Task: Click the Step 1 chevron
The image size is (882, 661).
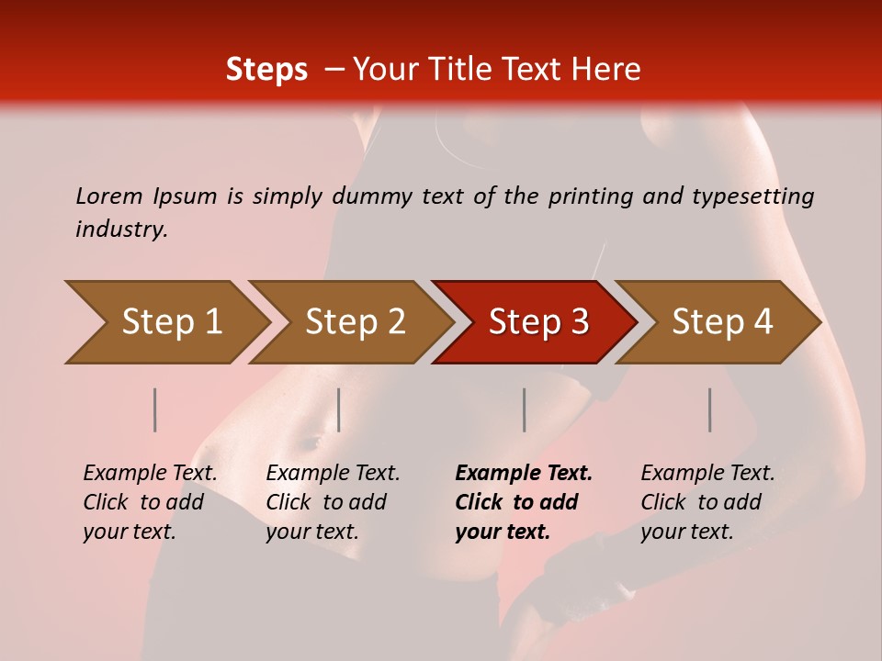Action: pyautogui.click(x=170, y=322)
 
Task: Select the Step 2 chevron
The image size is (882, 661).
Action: pyautogui.click(x=354, y=322)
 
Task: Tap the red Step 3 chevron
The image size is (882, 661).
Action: pyautogui.click(x=537, y=322)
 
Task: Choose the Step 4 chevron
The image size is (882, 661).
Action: pyautogui.click(x=721, y=322)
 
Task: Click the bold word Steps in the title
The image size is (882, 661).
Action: pyautogui.click(x=266, y=70)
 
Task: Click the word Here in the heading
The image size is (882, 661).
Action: pyautogui.click(x=605, y=70)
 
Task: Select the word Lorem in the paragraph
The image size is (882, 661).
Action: pyautogui.click(x=108, y=196)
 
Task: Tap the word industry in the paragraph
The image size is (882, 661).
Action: pyautogui.click(x=120, y=229)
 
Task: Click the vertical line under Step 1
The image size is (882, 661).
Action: pyautogui.click(x=155, y=409)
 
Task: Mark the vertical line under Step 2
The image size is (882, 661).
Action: pyautogui.click(x=339, y=409)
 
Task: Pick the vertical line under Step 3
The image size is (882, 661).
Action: pyautogui.click(x=525, y=409)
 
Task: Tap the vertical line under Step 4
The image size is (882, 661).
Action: pyautogui.click(x=710, y=409)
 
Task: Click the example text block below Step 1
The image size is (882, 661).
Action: pyautogui.click(x=150, y=502)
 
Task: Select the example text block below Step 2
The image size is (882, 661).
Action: pyautogui.click(x=333, y=502)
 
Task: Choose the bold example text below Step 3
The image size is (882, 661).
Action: pyautogui.click(x=524, y=502)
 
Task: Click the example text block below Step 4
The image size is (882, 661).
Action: pyautogui.click(x=707, y=502)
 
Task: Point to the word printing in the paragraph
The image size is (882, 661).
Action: pyautogui.click(x=577, y=196)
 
